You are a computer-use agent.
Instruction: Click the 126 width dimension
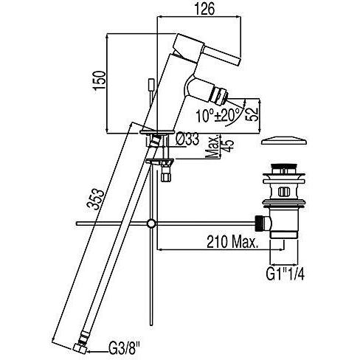coord(204,10)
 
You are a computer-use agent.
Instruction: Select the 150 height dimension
coord(100,80)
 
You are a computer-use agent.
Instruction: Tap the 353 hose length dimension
coord(95,199)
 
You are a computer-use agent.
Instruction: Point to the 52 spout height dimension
coord(253,114)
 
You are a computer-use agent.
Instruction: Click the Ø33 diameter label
coord(187,140)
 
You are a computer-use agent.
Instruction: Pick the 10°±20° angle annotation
coord(218,115)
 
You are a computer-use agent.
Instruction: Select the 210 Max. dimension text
coord(232,242)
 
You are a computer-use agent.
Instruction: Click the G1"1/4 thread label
coord(285,274)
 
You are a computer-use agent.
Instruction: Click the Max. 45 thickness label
coord(218,146)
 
